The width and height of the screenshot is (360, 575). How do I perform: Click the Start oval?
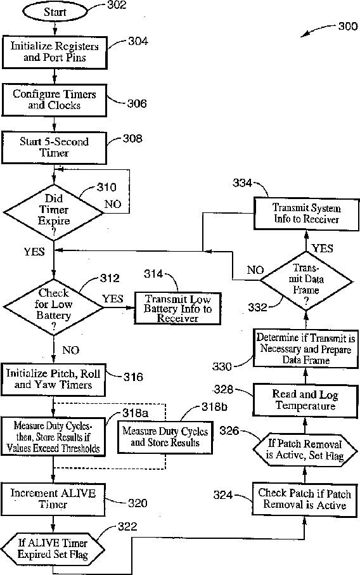[55, 12]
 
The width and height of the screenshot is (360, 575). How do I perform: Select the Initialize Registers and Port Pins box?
[55, 53]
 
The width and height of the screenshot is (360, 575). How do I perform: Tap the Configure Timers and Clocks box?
[55, 100]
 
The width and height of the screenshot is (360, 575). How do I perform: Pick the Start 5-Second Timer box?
[55, 148]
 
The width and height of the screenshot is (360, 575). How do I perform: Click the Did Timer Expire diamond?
[53, 212]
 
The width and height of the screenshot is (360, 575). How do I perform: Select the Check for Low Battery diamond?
[53, 307]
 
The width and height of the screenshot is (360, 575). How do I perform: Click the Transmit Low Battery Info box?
[178, 308]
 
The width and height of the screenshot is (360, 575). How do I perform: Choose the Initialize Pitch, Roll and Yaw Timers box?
[53, 380]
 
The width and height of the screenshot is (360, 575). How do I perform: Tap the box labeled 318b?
[165, 437]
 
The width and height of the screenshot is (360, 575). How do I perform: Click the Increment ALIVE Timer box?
[53, 499]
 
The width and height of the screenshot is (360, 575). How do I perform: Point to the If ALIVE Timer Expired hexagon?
[53, 549]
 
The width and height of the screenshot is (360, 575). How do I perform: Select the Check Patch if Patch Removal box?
[305, 500]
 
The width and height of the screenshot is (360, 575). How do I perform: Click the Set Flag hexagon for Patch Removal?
[305, 450]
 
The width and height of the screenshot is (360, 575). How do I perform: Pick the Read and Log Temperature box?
[305, 401]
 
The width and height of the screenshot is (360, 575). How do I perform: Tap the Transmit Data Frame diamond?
[307, 281]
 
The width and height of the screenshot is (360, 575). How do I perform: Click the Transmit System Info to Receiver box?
[307, 214]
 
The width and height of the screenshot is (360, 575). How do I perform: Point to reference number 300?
[347, 27]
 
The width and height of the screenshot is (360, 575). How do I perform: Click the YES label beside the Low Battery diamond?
[113, 299]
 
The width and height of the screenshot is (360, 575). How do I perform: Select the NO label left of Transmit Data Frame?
[255, 270]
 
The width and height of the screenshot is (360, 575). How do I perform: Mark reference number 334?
[242, 183]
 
